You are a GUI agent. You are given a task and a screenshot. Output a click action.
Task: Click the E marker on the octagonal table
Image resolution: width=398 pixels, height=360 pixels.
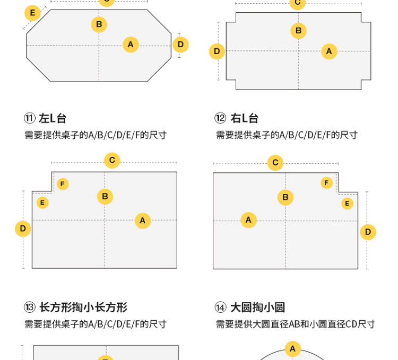tap(32, 13)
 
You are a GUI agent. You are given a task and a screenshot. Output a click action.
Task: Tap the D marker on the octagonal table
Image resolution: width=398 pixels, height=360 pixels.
tap(180, 45)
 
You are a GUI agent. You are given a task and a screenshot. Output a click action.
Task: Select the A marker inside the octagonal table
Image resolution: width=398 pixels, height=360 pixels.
tap(131, 45)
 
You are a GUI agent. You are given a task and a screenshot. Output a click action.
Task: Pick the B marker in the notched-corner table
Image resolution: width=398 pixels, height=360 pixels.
tap(299, 31)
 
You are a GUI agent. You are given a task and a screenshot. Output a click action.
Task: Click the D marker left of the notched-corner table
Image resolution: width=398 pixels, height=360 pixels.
tap(217, 51)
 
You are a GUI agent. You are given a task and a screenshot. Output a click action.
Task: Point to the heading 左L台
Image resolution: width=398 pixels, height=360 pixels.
tap(53, 118)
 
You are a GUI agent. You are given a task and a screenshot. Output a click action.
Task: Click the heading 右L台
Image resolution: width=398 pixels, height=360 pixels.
tap(244, 118)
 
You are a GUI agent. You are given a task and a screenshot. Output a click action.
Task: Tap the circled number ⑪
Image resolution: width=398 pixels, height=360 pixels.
tap(30, 118)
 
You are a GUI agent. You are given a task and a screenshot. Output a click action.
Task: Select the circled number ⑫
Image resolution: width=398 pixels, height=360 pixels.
tap(220, 118)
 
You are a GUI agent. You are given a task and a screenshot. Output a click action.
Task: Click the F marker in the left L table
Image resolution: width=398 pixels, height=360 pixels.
tap(63, 184)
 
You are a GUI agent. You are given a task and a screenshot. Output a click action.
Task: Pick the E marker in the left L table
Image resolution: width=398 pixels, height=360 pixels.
tap(42, 203)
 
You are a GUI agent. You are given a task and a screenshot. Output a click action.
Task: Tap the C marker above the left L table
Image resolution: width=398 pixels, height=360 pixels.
tap(112, 160)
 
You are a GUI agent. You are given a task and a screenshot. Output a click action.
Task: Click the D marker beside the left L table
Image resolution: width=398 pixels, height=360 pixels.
tap(23, 229)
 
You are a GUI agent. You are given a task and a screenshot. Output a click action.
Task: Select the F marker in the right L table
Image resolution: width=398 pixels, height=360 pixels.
tap(327, 183)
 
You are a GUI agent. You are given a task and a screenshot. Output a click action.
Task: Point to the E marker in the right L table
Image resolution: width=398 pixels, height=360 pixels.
tap(347, 203)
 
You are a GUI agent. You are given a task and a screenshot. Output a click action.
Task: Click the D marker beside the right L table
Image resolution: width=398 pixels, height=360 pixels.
tap(368, 232)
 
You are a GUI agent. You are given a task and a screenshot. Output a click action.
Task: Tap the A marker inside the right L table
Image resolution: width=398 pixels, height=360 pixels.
tap(248, 220)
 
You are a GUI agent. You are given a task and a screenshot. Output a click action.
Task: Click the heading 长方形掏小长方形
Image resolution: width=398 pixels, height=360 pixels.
tap(83, 308)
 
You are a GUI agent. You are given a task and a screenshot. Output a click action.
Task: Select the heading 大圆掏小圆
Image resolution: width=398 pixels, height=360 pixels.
tap(257, 308)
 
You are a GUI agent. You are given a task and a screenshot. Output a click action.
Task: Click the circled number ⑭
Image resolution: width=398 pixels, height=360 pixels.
tap(220, 308)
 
